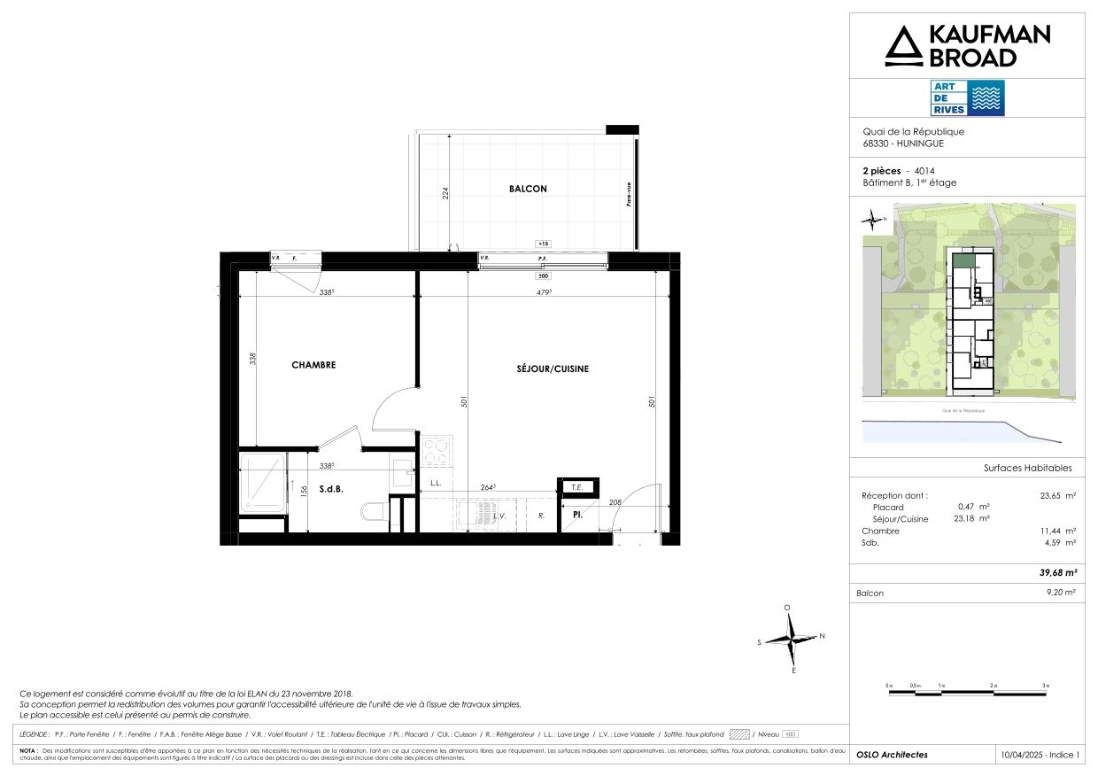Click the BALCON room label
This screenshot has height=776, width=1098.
[x=528, y=189]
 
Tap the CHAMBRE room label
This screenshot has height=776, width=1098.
[x=313, y=365]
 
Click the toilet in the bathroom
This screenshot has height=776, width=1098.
[x=373, y=511]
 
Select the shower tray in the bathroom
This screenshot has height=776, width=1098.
[x=263, y=482]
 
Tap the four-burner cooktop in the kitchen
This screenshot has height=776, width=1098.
[x=437, y=451]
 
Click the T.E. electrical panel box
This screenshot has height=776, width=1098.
[x=576, y=486]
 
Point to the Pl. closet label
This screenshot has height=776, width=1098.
[x=576, y=514]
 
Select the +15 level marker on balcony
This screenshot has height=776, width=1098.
[x=542, y=244]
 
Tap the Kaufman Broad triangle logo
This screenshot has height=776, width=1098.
[x=903, y=46]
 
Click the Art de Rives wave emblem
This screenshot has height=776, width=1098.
[x=987, y=98]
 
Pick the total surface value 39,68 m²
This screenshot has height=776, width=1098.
[x=1057, y=572]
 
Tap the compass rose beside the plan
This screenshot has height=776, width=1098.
[x=792, y=639]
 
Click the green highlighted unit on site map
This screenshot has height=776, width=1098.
[x=962, y=261]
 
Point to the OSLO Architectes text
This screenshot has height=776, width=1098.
[x=892, y=755]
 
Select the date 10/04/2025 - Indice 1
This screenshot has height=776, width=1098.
[x=1041, y=755]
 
